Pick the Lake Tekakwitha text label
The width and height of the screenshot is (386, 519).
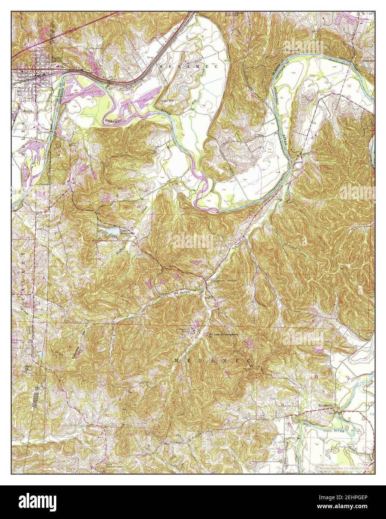pyautogui.click(x=127, y=232)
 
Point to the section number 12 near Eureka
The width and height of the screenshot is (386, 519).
pyautogui.click(x=349, y=86)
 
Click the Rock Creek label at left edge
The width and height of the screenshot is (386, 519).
pyautogui.click(x=27, y=368)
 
